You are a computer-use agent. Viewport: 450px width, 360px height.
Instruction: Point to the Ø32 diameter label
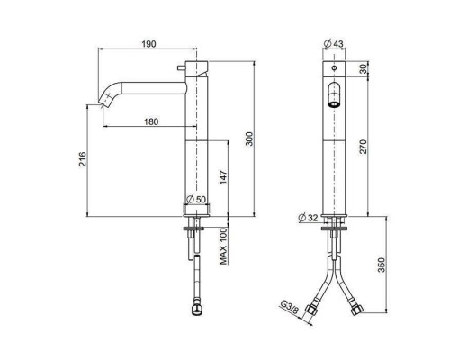point(308,217)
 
